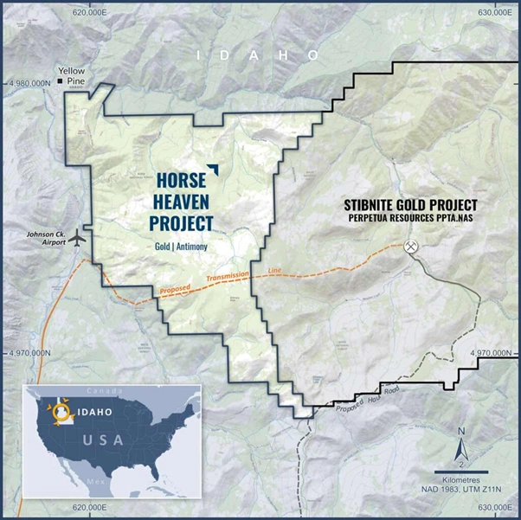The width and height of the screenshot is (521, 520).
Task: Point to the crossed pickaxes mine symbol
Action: tap(412, 247)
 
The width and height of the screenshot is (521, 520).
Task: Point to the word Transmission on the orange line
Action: tap(227, 277)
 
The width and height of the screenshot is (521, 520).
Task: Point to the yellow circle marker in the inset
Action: tap(61, 413)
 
